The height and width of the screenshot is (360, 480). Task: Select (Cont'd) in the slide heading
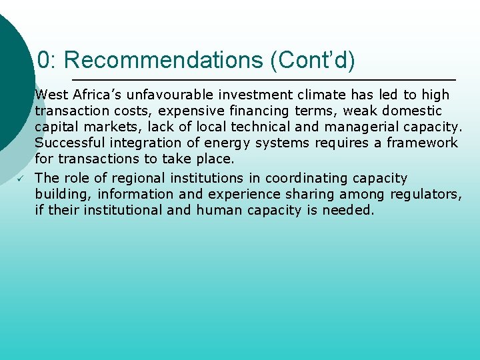pyautogui.click(x=313, y=61)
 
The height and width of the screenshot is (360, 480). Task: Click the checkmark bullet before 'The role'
pyautogui.click(x=21, y=179)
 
